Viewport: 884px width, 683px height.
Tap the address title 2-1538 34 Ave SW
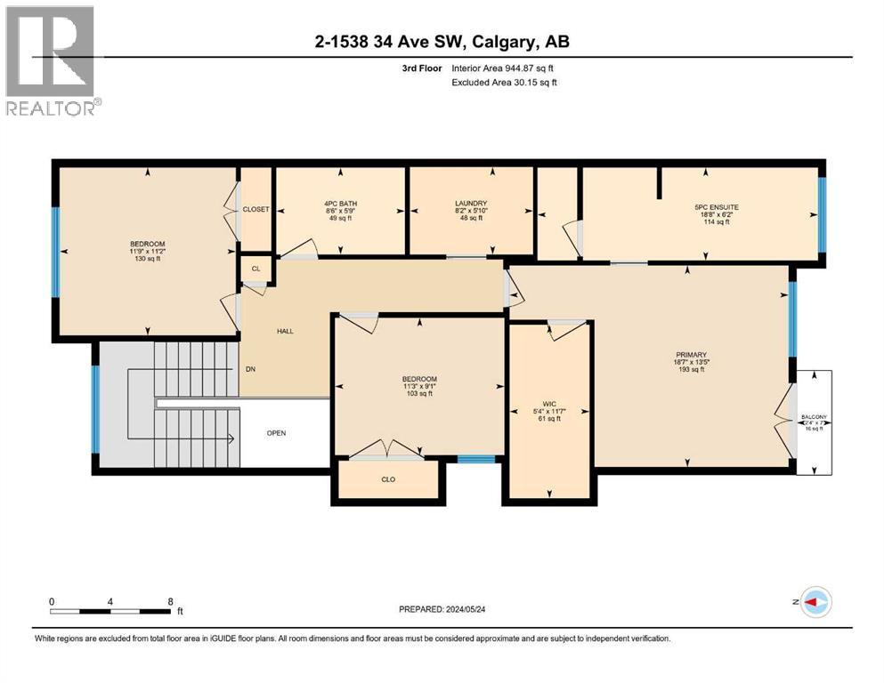click(441, 41)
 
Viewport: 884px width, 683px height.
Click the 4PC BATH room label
click(342, 210)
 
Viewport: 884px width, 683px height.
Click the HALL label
click(285, 331)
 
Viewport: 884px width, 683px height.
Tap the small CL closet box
click(255, 268)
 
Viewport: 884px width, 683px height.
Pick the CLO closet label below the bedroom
click(388, 479)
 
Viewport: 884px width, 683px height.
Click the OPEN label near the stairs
click(277, 433)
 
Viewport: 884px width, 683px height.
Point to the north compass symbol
click(815, 602)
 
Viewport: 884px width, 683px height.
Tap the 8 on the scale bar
click(171, 601)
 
